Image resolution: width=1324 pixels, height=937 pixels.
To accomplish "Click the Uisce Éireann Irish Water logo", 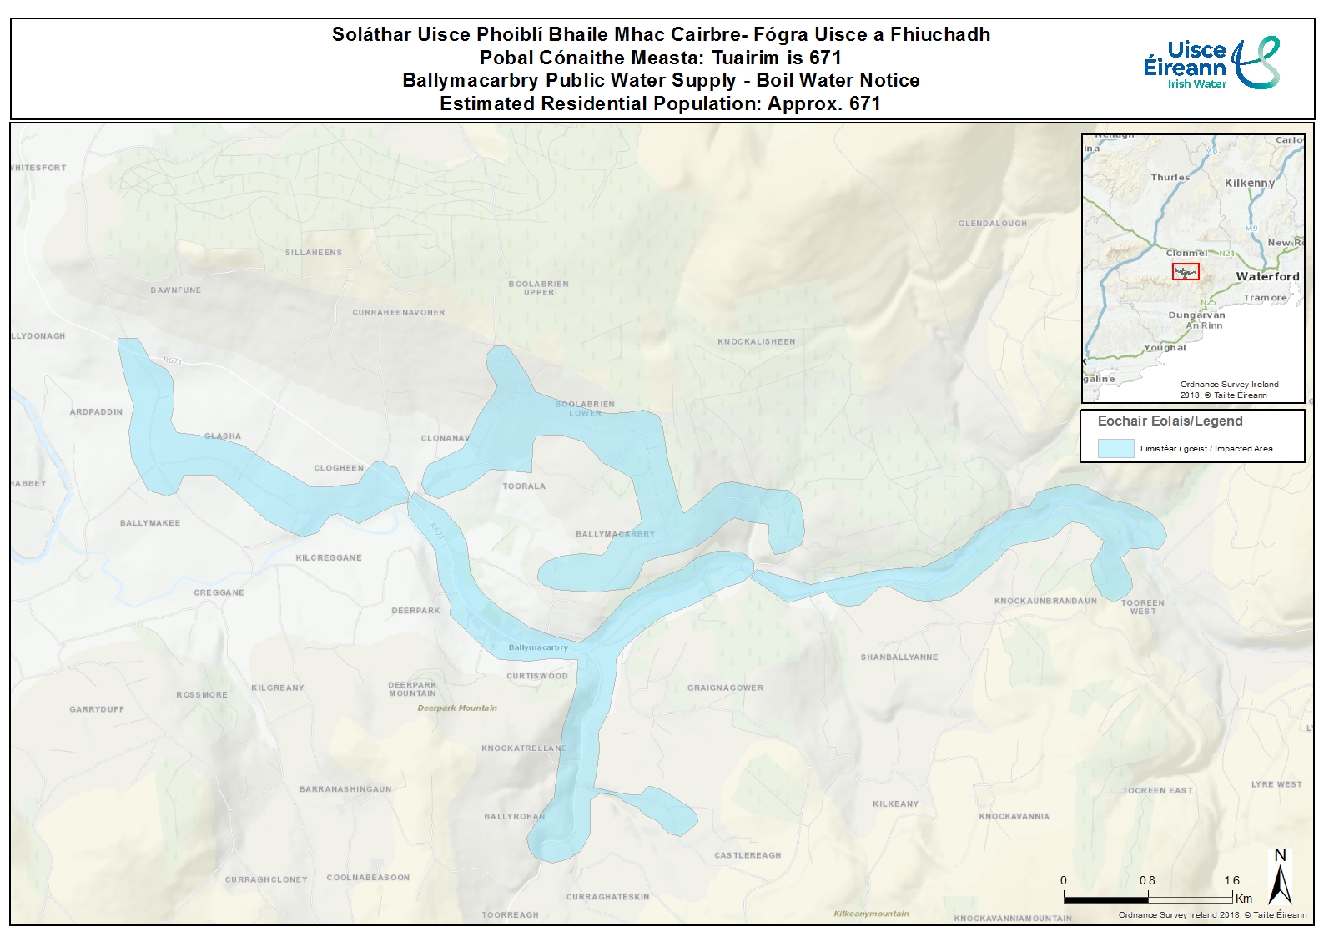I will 1211,63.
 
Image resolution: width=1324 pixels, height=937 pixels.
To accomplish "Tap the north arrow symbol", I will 1280,878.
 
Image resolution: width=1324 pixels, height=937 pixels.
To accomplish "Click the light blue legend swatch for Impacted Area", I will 1115,448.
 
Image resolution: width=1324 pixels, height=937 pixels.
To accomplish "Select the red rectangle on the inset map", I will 1186,271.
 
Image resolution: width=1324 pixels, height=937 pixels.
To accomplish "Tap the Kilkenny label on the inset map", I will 1249,183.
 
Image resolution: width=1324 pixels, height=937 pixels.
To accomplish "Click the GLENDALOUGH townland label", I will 993,224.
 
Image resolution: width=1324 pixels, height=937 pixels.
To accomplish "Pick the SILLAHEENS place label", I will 314,253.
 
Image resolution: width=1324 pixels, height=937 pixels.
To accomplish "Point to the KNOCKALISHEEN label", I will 757,342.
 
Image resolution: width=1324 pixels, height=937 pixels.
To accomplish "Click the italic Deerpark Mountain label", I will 457,708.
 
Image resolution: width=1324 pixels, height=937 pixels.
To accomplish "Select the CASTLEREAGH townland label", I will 748,855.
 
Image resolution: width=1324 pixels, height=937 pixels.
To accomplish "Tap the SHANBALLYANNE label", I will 899,657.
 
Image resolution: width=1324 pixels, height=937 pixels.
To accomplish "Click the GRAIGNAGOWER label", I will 725,688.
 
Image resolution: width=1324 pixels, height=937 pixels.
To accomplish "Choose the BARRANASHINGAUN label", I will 345,789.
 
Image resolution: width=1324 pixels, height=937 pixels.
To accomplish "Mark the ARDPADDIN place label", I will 96,412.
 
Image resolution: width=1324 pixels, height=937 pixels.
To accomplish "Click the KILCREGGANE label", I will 329,558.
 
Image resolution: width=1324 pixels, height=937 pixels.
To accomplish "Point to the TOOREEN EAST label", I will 1157,791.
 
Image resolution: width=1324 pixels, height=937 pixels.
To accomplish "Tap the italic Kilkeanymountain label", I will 871,914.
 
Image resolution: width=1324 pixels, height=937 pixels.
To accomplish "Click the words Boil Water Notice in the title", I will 838,81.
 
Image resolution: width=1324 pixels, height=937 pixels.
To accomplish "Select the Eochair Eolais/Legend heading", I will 1170,421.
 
